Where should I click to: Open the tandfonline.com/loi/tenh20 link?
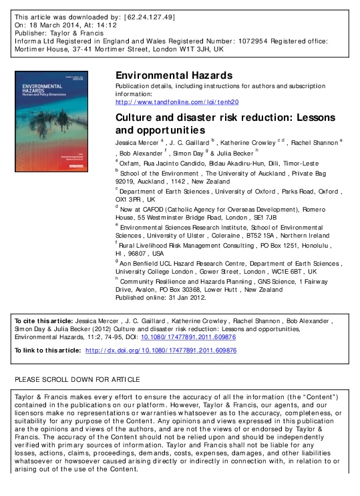click(x=177, y=101)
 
